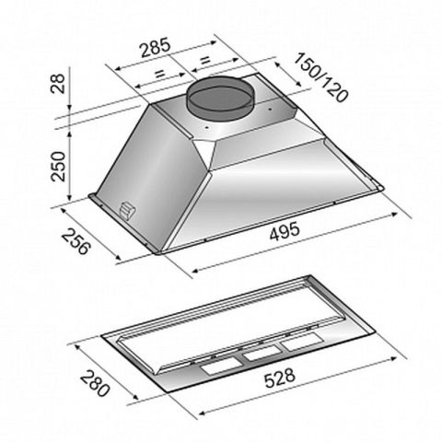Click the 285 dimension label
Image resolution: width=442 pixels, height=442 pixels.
click(155, 48)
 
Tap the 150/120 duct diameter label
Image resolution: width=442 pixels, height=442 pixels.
click(321, 77)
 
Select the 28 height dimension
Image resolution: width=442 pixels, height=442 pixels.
click(58, 84)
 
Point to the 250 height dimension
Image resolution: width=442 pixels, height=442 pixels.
click(59, 167)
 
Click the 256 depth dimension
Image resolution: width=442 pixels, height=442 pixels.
click(76, 241)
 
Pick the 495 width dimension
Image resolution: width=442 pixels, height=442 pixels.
click(284, 231)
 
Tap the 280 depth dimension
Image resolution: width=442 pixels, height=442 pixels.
click(95, 383)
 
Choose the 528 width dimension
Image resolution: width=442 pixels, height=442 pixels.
click(280, 378)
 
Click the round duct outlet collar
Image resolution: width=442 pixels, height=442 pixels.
click(220, 98)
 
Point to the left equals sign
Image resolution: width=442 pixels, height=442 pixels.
click(159, 74)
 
